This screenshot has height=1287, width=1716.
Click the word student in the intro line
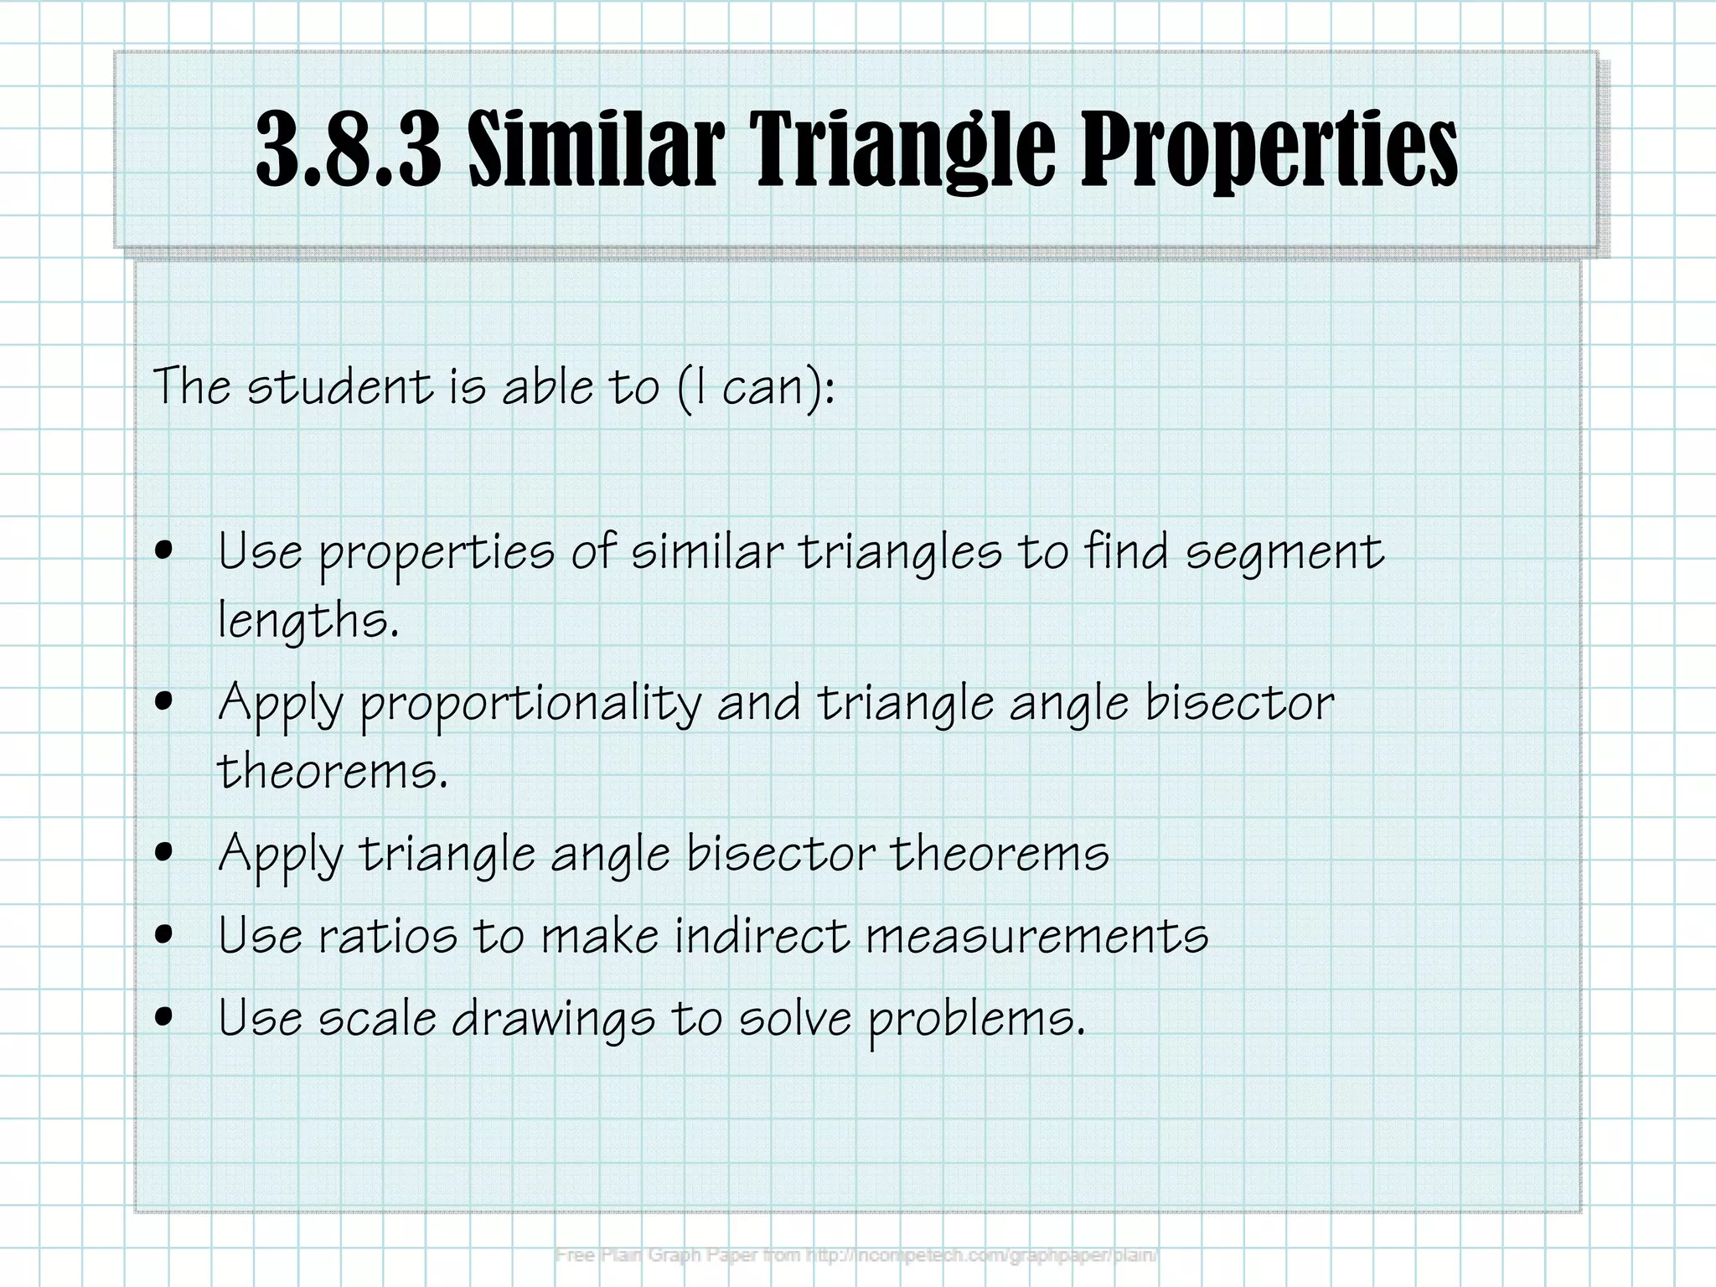(340, 386)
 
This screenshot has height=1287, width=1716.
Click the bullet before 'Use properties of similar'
(165, 550)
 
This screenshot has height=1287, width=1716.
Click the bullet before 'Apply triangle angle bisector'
(165, 851)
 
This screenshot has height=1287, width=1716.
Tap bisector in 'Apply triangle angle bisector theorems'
(780, 853)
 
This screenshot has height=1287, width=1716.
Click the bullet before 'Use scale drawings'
(165, 1016)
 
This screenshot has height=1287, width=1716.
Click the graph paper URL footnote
(856, 1255)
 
